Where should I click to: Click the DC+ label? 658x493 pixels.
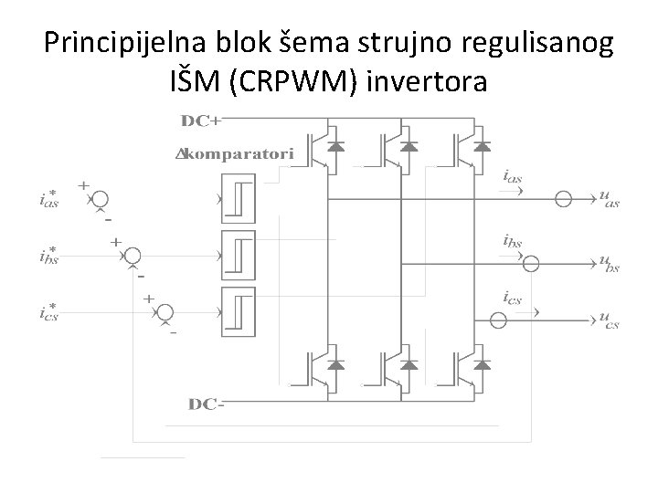206,121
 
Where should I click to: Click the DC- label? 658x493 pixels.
206,403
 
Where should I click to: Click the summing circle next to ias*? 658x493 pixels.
100,200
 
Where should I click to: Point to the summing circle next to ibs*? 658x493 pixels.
133,257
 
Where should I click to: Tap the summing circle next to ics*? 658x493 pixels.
165,313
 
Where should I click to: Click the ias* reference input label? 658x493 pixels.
48,200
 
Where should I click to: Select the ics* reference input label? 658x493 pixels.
48,313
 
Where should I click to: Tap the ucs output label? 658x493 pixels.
609,319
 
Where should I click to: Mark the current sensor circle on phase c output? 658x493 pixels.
498,320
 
